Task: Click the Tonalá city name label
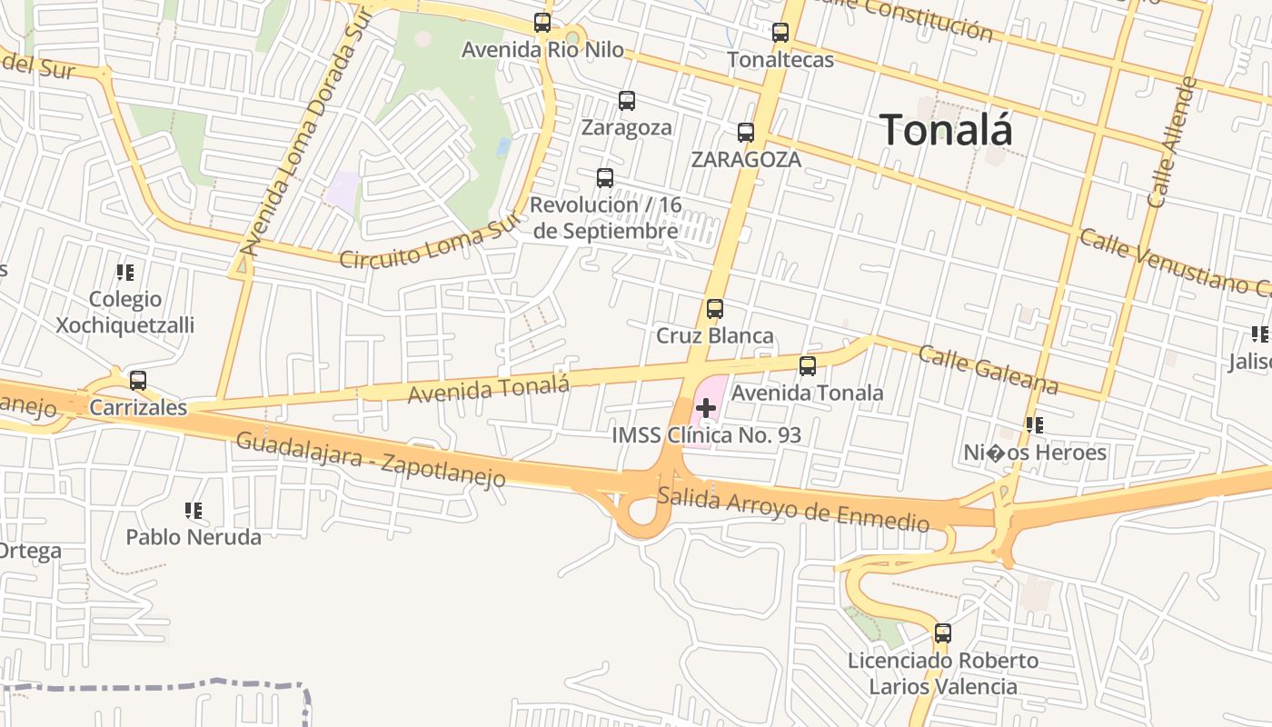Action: coord(946,130)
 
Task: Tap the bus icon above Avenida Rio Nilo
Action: coord(542,23)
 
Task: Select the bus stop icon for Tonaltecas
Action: coord(780,33)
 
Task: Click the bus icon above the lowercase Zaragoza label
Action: coord(627,101)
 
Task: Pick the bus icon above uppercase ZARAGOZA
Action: coord(746,133)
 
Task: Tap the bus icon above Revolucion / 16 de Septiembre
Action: coord(605,178)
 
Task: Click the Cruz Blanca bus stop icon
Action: coord(715,309)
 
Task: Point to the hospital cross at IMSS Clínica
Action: coord(706,409)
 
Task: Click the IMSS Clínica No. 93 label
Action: coord(706,435)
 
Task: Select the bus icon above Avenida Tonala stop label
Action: coord(808,366)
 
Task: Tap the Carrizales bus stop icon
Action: coord(138,381)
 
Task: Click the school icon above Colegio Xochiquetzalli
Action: coord(125,272)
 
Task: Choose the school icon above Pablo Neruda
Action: coord(193,511)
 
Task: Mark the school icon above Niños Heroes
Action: coord(1034,424)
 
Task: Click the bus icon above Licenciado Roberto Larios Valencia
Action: coord(943,633)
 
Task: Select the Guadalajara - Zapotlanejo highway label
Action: coord(371,460)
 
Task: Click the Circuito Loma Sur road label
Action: coord(432,243)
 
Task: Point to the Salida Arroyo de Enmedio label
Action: coord(793,509)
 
